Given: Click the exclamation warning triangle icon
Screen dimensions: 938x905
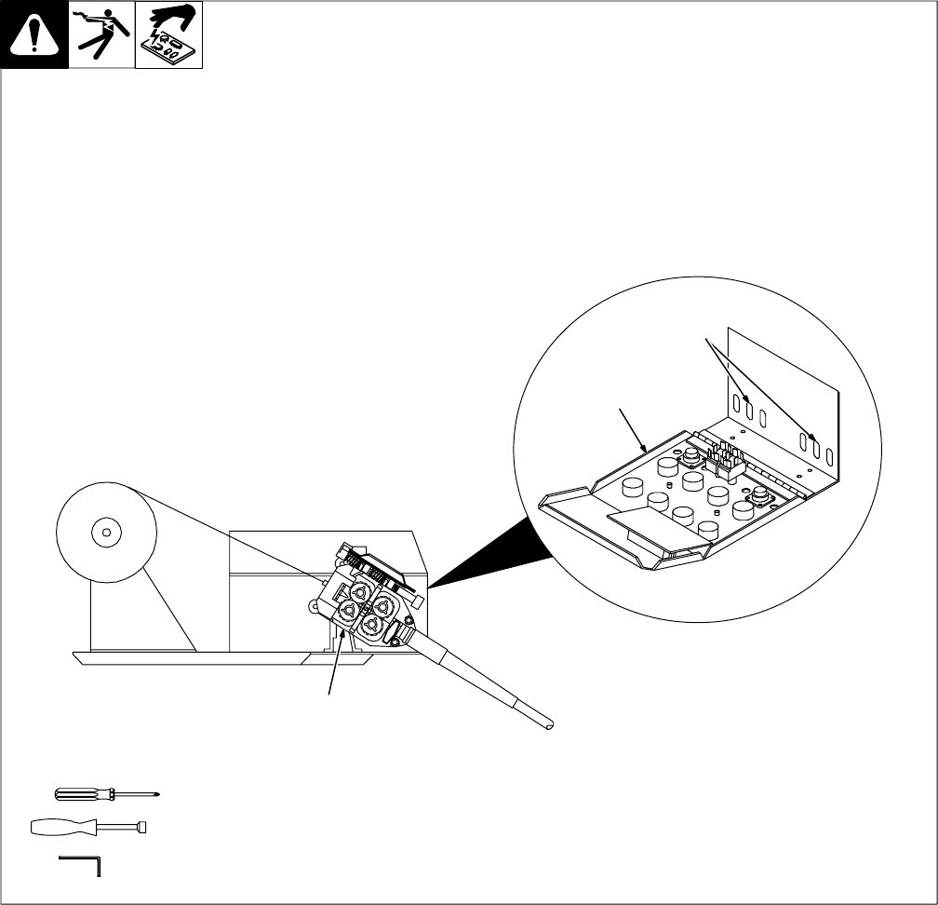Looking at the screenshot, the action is tap(34, 35).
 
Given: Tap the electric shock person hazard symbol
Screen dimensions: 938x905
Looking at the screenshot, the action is tap(101, 35).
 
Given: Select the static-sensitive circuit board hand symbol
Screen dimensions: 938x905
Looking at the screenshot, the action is tap(169, 35).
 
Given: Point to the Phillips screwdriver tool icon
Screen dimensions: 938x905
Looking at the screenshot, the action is tap(107, 794).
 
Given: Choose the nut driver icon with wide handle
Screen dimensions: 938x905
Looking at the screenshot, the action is tap(88, 827).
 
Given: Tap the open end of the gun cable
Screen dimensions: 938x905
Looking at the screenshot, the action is tap(549, 723).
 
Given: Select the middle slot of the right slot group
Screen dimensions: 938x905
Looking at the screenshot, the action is tap(815, 451).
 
